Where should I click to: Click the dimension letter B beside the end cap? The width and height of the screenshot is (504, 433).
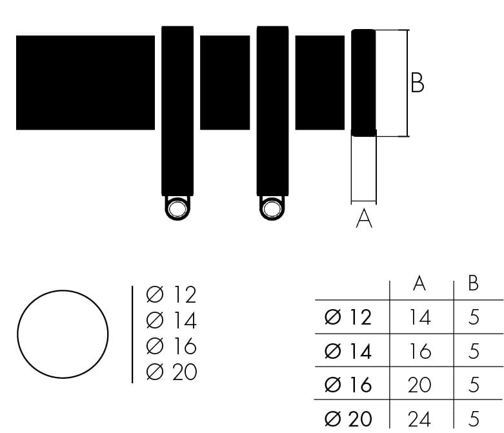coord(418,83)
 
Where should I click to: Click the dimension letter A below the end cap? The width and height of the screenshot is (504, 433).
coord(364,218)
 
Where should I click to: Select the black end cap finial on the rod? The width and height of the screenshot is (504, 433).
coord(363,83)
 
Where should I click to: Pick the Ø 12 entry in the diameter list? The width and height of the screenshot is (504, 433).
coord(171,294)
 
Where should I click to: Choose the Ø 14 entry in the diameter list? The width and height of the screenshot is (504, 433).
coord(171,320)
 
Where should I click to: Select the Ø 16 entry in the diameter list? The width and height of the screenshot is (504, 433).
coord(171,346)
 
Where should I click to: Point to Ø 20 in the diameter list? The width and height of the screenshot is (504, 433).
coord(171,372)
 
